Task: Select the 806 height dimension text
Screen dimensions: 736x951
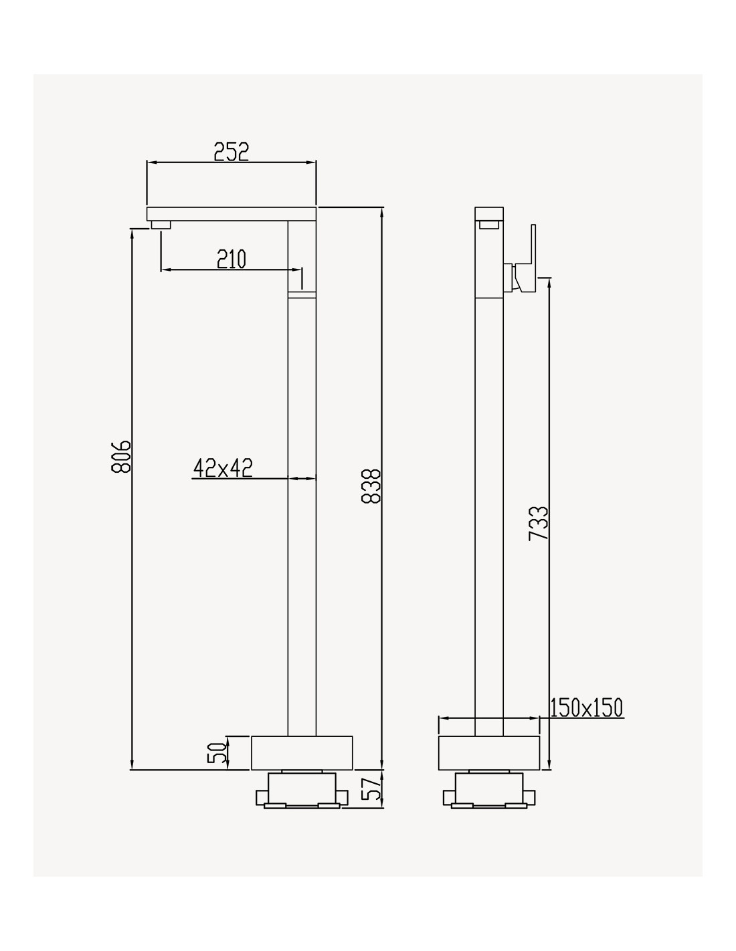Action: click(x=121, y=457)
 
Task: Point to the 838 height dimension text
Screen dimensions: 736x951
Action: click(x=372, y=486)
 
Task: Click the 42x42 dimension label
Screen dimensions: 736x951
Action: click(x=223, y=468)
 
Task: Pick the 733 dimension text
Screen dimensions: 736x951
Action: click(x=538, y=524)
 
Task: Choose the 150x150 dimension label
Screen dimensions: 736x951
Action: click(x=586, y=708)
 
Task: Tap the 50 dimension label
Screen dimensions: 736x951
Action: click(x=217, y=752)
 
